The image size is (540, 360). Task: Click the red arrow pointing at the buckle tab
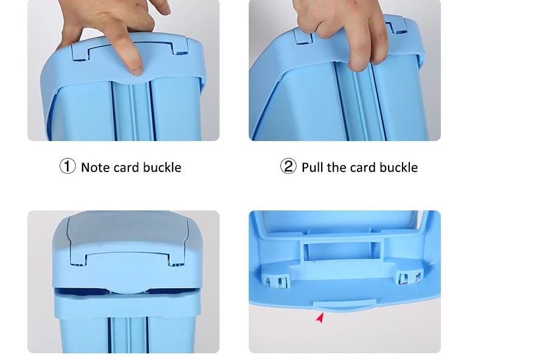(320, 318)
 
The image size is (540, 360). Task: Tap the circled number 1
(67, 166)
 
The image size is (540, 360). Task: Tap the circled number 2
(288, 166)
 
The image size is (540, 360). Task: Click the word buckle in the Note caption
(162, 167)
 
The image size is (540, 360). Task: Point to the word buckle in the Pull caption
(399, 167)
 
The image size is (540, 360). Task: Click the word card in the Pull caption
(362, 168)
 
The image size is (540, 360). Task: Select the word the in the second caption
(336, 167)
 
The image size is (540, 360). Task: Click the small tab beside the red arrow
(344, 305)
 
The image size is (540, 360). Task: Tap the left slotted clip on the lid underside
(277, 280)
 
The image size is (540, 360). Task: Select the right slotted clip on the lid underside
(409, 277)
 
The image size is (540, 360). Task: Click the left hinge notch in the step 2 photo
(303, 36)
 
